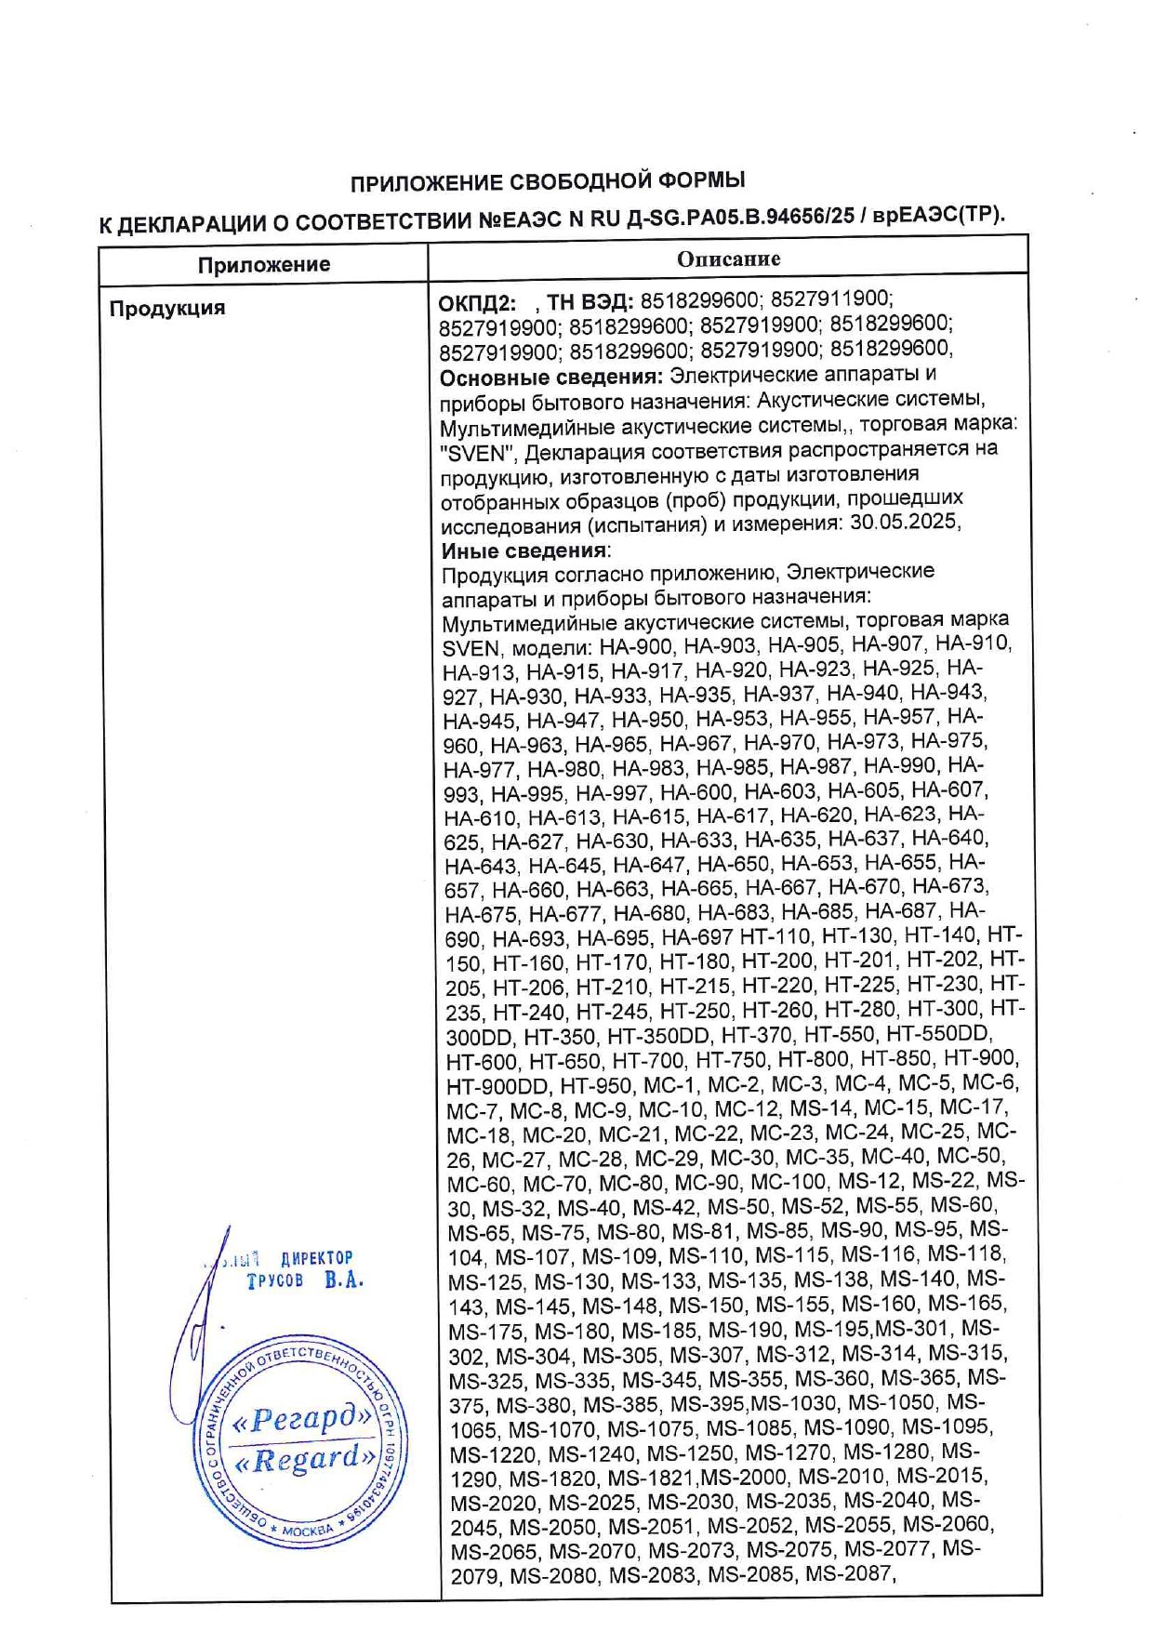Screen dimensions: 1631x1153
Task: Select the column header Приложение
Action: click(x=263, y=264)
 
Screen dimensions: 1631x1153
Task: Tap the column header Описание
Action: click(x=728, y=259)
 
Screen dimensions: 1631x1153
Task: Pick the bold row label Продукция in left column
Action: click(x=167, y=308)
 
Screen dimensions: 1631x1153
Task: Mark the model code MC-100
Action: click(x=788, y=1182)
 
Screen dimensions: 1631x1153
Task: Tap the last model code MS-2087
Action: click(x=848, y=1574)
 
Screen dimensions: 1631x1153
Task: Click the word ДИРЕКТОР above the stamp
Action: click(x=316, y=1258)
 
